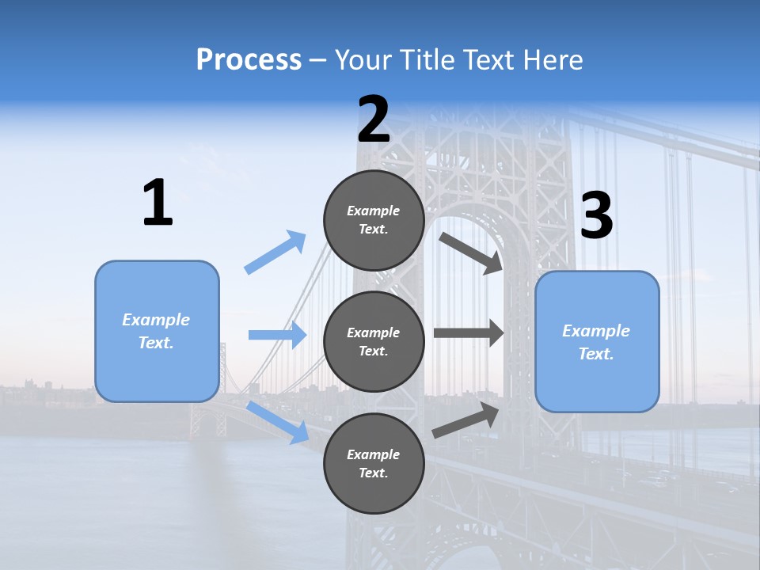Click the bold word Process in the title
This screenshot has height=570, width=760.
(249, 60)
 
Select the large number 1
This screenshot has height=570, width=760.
(158, 203)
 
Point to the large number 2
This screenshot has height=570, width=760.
(374, 120)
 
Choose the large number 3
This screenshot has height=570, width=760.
(596, 216)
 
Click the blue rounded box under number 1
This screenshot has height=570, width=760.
(157, 331)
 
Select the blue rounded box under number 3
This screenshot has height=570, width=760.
(597, 342)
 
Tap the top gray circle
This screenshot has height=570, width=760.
(374, 220)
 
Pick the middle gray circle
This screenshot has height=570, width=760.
(374, 342)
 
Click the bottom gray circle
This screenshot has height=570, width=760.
(374, 464)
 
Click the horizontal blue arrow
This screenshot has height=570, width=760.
(277, 335)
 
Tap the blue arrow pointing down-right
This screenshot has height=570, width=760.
(278, 422)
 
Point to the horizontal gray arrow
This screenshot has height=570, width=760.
(469, 333)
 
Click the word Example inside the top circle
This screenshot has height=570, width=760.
(373, 211)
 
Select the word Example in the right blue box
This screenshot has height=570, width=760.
(596, 331)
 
